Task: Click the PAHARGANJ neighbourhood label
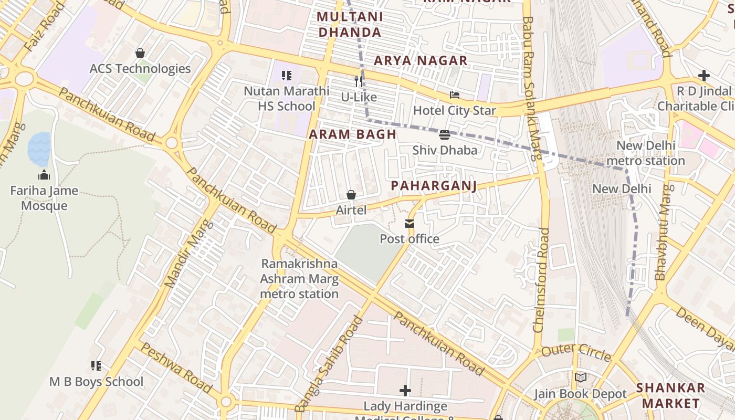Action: coord(434,186)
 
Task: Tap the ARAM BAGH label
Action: coord(352,134)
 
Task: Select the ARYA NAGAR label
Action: coord(420,61)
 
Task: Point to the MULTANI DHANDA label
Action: coord(350,25)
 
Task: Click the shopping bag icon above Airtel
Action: coord(351,195)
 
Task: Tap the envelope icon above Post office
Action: coord(409,224)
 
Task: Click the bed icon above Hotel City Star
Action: coord(455,96)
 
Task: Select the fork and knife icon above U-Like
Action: coord(359,81)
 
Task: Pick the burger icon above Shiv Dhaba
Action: coord(445,135)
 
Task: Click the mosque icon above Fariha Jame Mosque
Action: coord(44,175)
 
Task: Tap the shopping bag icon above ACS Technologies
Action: coord(140,53)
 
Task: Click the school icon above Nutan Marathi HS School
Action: coord(286,76)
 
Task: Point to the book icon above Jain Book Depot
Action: coord(580,378)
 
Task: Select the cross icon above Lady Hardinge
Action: coord(405,391)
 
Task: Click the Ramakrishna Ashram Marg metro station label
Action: coord(299,279)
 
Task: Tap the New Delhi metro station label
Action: coord(645,153)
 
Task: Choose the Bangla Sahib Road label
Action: coord(329,364)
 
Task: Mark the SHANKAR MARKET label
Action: coord(670,396)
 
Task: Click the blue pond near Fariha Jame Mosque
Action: coord(39,149)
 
